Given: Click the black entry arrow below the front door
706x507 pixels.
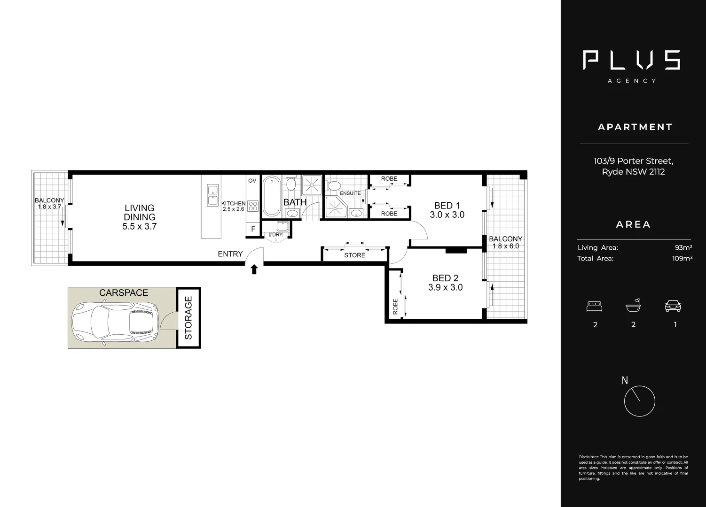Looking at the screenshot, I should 254,269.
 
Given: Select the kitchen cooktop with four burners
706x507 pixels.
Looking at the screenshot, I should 252,206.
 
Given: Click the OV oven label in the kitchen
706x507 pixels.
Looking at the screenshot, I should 252,181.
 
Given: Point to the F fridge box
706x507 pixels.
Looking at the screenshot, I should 253,230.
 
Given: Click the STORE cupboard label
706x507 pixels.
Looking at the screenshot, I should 354,255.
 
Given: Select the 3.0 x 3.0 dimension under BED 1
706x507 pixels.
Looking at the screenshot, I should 447,215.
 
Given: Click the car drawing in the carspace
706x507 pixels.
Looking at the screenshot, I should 115,323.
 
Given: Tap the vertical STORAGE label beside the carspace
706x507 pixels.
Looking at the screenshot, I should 188,318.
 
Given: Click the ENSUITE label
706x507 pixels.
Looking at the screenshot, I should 350,193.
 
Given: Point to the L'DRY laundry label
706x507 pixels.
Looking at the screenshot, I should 275,235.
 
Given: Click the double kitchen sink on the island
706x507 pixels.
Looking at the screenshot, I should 212,195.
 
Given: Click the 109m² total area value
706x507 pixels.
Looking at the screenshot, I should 682,258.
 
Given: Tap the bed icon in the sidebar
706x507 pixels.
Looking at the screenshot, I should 595,307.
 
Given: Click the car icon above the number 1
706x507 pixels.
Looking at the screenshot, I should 673,307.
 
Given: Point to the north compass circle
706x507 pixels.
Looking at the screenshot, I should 639,401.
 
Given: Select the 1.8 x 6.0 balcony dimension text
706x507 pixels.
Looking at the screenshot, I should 506,246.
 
